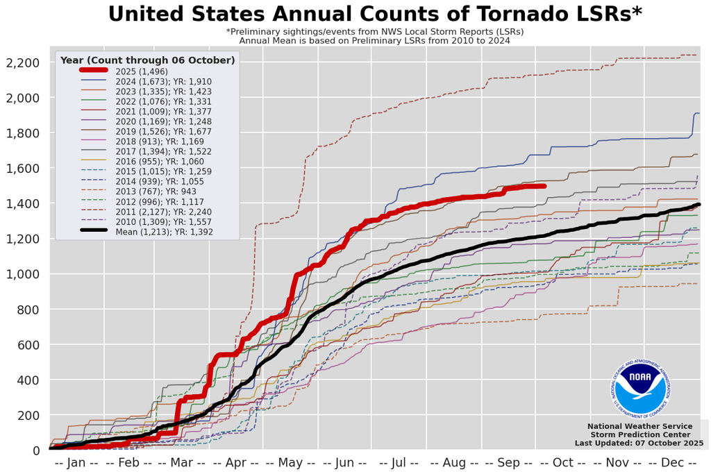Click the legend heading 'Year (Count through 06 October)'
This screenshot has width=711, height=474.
click(147, 60)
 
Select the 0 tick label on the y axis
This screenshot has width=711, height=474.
click(35, 451)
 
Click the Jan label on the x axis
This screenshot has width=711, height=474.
click(76, 463)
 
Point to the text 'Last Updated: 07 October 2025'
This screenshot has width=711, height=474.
click(639, 443)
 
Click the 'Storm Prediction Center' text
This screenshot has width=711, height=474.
click(639, 434)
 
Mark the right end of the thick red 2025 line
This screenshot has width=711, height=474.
click(544, 186)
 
